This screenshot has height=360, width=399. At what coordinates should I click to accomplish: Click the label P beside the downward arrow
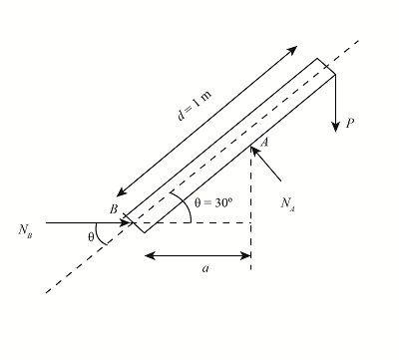[x=350, y=125]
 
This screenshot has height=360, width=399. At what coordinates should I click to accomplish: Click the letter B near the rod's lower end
[x=115, y=209]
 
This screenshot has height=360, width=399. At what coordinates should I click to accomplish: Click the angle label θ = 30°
[x=213, y=202]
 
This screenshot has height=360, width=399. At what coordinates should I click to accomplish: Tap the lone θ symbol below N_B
[x=91, y=237]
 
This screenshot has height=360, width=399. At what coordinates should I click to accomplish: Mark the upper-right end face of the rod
[x=328, y=68]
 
